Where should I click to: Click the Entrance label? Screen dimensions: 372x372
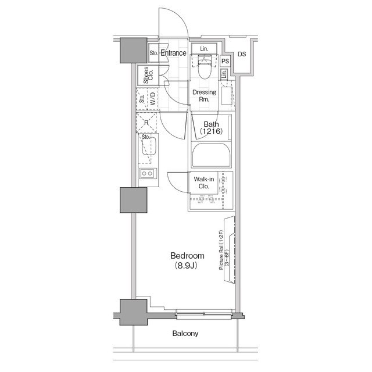coord(173,53)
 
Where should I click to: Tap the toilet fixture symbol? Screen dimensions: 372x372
coord(204,69)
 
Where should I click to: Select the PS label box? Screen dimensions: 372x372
coord(226,61)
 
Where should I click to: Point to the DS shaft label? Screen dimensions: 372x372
coord(242,54)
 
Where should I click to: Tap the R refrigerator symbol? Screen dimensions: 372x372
coord(146,121)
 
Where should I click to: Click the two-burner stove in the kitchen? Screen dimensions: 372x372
coord(147,173)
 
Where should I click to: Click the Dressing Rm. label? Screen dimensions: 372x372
coord(204,96)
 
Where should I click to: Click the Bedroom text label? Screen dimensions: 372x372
coord(187,256)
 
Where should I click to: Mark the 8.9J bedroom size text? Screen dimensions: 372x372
coord(187,266)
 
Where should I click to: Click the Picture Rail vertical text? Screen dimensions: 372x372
coord(221,250)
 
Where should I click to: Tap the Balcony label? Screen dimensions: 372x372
coord(185,334)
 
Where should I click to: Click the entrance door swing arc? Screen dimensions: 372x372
coord(176,23)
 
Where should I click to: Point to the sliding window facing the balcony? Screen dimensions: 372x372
coord(204,314)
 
